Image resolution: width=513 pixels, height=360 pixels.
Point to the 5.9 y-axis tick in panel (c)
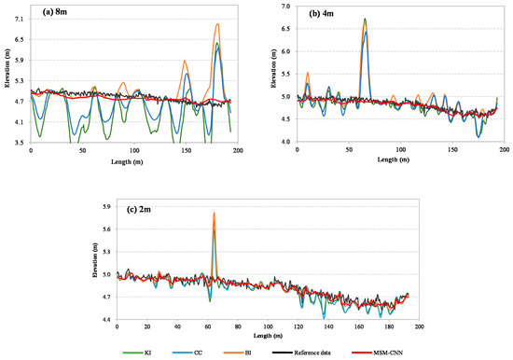105,207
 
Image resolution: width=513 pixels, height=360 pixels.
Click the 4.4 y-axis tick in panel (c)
105,320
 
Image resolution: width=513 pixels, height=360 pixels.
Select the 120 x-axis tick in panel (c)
298,327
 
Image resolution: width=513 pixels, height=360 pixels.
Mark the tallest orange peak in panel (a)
217,24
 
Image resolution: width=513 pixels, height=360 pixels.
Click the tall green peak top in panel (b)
365,19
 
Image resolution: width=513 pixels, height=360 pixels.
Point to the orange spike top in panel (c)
214,213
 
